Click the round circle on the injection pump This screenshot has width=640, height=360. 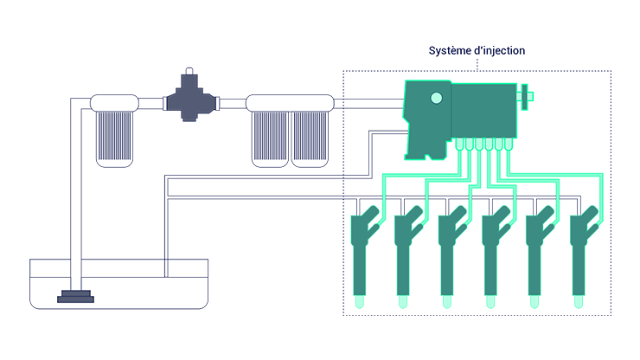(x=436, y=98)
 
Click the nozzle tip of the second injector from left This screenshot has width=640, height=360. (x=403, y=300)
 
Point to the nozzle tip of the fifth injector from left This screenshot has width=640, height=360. (x=534, y=300)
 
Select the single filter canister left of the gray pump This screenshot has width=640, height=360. (x=114, y=137)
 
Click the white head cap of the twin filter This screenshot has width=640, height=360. (x=290, y=103)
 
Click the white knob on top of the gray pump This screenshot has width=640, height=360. (x=189, y=72)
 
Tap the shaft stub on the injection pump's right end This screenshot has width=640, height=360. (x=524, y=95)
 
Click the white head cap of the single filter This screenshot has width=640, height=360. (x=114, y=103)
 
